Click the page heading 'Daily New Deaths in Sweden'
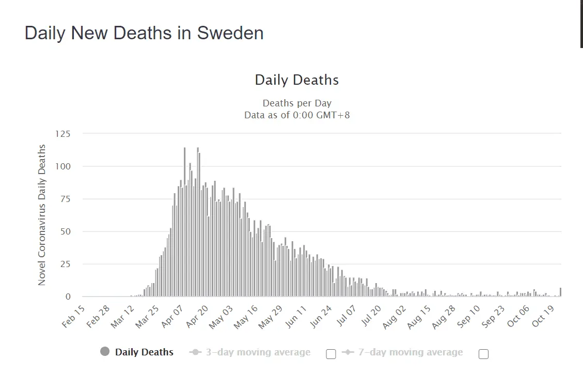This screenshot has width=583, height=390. (x=144, y=33)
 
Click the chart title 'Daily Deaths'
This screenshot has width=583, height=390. (x=297, y=80)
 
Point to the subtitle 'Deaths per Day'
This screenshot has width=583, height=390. (x=297, y=103)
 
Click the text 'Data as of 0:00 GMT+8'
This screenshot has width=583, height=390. (x=297, y=115)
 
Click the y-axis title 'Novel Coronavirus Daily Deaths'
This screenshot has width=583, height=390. (x=42, y=215)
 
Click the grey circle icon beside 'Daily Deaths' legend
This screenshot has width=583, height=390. (x=105, y=352)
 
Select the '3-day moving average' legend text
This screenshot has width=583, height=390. (x=258, y=352)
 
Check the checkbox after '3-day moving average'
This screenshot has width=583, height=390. (x=332, y=354)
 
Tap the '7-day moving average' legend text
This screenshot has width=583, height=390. (x=411, y=352)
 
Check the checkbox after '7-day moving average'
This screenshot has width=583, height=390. (x=483, y=354)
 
